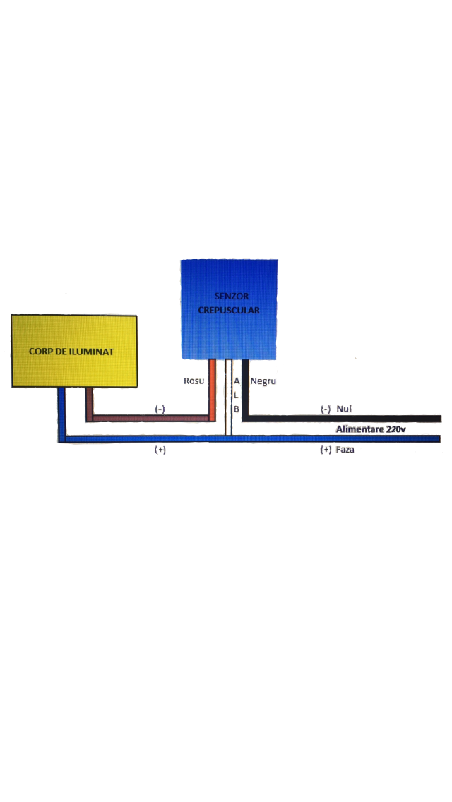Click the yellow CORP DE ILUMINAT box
(74, 351)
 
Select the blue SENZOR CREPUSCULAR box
(229, 309)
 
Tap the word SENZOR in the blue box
(232, 296)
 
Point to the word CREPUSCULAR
(229, 310)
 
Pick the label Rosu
(194, 381)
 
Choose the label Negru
(263, 381)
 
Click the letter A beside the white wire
(237, 381)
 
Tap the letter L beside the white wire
(236, 395)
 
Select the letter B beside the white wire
(237, 409)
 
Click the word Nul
(344, 409)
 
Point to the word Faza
(345, 450)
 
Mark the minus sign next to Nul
(325, 409)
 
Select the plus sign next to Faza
(326, 450)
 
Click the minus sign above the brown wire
(160, 409)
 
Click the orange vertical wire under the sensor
(212, 390)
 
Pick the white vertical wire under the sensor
(228, 397)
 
